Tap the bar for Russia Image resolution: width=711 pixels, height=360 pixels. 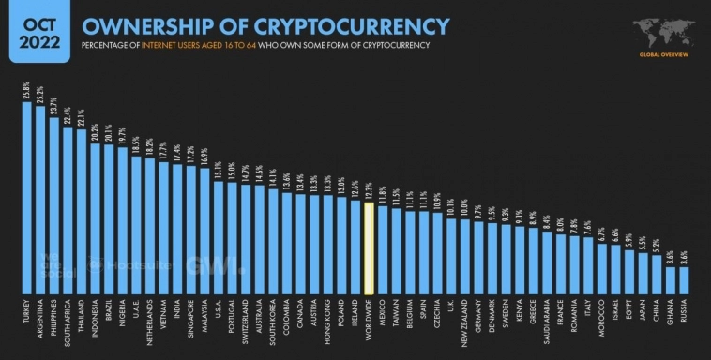click(684, 279)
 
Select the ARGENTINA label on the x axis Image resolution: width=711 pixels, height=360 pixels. click(40, 318)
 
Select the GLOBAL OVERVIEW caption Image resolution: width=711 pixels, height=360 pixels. click(663, 54)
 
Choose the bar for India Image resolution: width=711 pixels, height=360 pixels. click(177, 229)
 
